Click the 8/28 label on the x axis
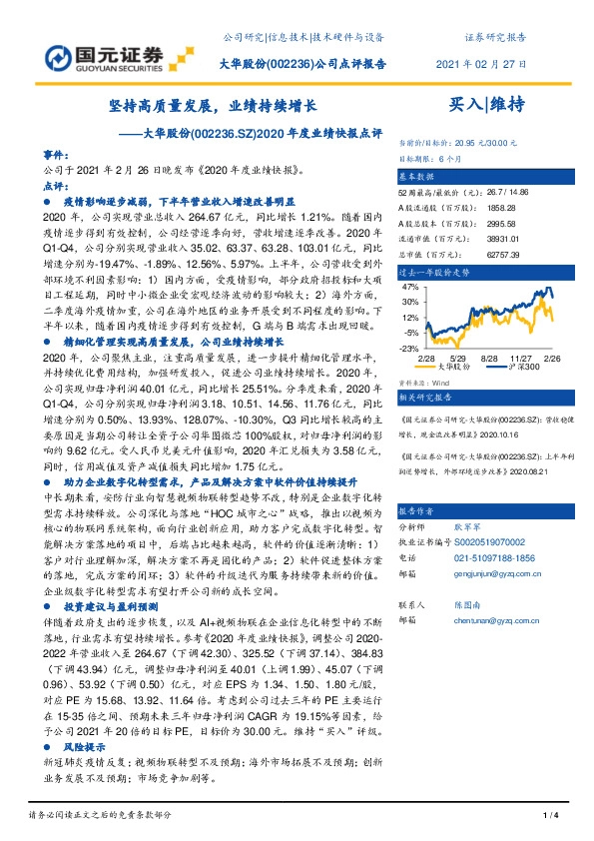pos(489,358)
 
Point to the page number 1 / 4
pos(548,818)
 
